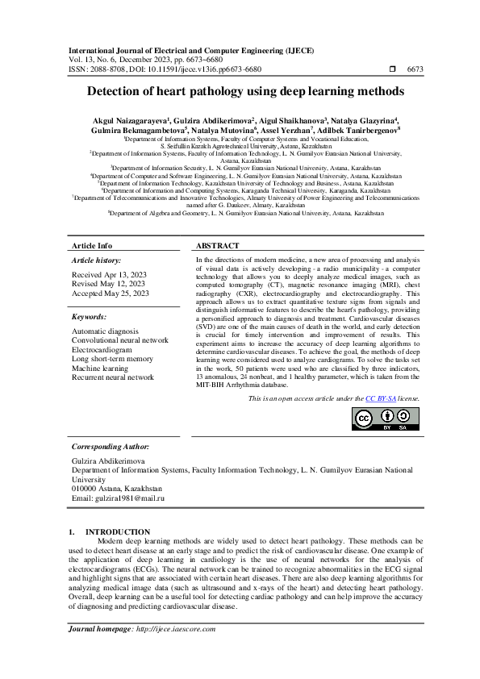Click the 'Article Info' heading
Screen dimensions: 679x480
pyautogui.click(x=93, y=244)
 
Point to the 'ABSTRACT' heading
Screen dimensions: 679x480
pyautogui.click(x=218, y=244)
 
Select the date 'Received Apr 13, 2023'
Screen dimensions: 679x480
pyautogui.click(x=108, y=274)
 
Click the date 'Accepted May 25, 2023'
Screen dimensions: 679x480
pyautogui.click(x=111, y=294)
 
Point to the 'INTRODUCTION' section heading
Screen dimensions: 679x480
pyautogui.click(x=118, y=531)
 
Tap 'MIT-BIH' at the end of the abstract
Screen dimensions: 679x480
pyautogui.click(x=211, y=385)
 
